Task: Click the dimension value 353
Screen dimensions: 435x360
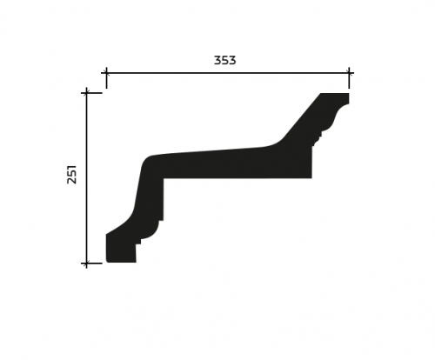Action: point(224,60)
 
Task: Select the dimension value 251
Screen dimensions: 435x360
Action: point(71,174)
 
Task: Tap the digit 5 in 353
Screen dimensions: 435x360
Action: point(224,60)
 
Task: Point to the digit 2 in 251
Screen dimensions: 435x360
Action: point(71,180)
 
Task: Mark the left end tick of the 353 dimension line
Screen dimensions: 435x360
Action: point(106,73)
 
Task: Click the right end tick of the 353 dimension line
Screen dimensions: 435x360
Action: point(349,73)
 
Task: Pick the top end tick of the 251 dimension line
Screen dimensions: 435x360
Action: point(86,93)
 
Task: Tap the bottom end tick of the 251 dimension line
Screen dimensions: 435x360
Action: point(86,263)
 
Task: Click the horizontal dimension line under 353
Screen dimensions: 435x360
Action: point(228,73)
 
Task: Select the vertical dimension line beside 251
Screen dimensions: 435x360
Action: point(86,178)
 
